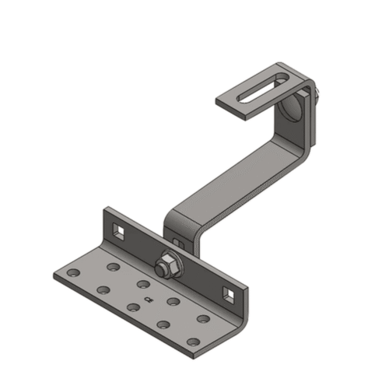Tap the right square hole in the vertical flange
click(228, 293)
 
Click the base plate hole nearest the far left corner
click(72, 274)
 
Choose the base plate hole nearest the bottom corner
click(192, 342)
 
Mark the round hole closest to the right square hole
click(203, 318)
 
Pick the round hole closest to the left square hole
click(114, 267)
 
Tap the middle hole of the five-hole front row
click(133, 307)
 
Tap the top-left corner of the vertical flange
click(106, 210)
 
